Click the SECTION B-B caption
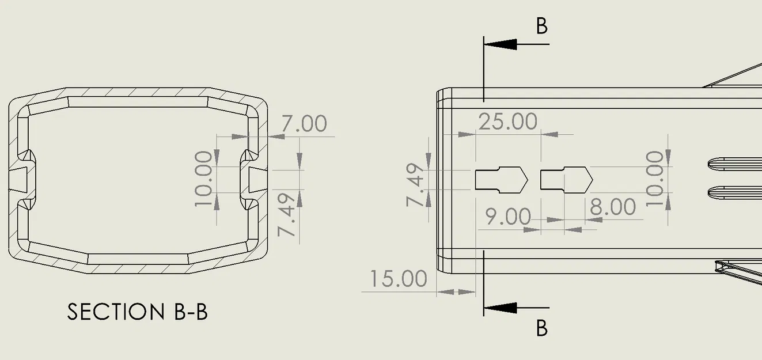pyautogui.click(x=137, y=312)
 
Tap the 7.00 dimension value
pyautogui.click(x=304, y=123)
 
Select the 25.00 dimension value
pyautogui.click(x=508, y=122)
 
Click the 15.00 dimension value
pyautogui.click(x=398, y=279)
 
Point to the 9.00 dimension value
pyautogui.click(x=508, y=217)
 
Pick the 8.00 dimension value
pyautogui.click(x=613, y=207)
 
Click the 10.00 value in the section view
pyautogui.click(x=203, y=179)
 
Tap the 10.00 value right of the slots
pyautogui.click(x=654, y=179)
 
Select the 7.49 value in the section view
pyautogui.click(x=286, y=215)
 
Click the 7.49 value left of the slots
pyautogui.click(x=415, y=185)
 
